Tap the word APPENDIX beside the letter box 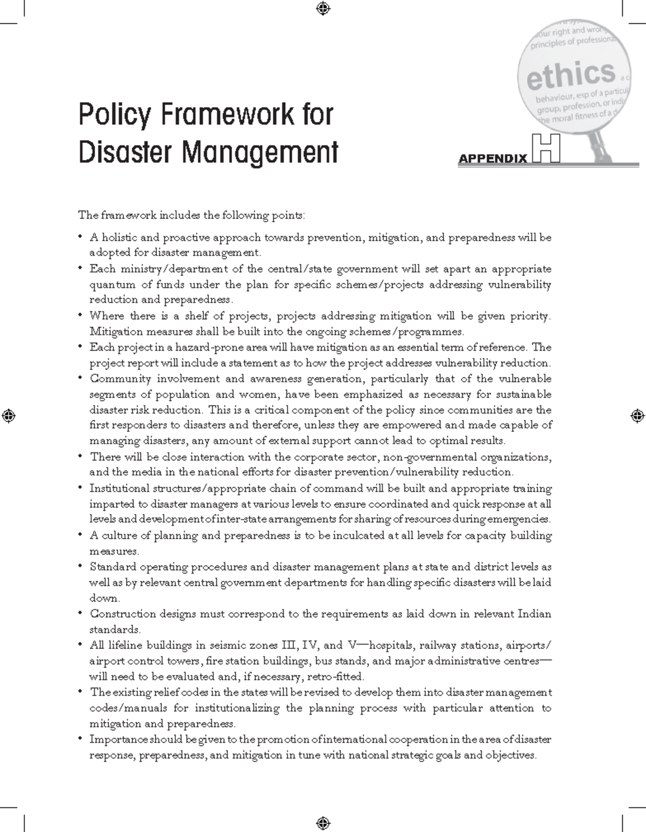493,159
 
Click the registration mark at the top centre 323,8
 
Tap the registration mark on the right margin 637,415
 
